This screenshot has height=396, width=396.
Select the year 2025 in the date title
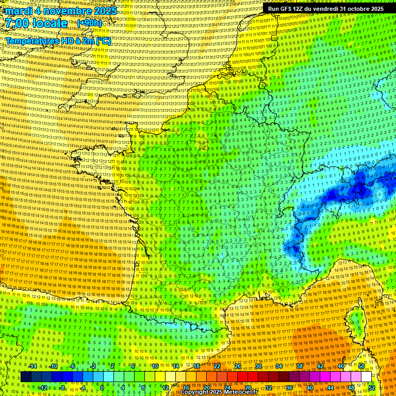tap(105, 11)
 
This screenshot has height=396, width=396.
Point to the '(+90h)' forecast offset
tap(89, 23)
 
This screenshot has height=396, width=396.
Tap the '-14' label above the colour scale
tap(32, 366)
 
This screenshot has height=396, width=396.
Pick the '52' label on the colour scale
tap(371, 388)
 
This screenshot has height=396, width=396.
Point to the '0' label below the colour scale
tap(102, 388)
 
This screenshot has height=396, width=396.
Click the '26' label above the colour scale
tap(238, 366)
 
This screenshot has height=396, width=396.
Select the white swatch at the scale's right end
tap(366, 377)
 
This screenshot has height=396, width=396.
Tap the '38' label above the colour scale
tap(300, 366)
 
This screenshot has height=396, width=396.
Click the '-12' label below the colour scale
tap(43, 388)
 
